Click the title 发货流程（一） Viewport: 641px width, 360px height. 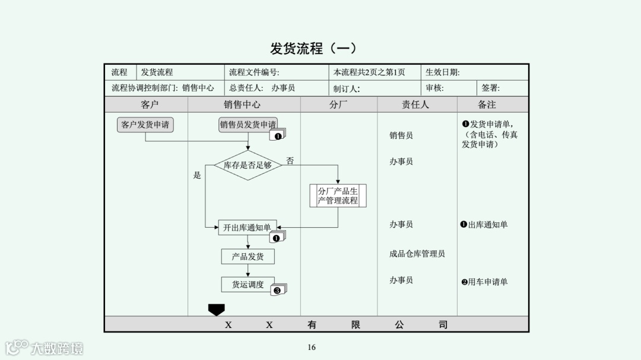click(313, 49)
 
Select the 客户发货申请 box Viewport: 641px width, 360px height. click(145, 125)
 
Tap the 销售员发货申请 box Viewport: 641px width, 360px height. click(248, 125)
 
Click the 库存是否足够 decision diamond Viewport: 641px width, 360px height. click(247, 165)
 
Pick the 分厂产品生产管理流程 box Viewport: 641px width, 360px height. click(338, 196)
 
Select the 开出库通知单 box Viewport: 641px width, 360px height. click(247, 227)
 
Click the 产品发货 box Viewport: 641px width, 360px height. click(248, 257)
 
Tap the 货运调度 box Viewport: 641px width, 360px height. click(248, 285)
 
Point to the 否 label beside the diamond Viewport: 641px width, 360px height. click(290, 161)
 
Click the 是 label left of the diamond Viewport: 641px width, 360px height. click(197, 176)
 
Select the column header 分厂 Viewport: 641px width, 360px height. click(338, 104)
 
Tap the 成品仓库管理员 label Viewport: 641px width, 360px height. click(417, 254)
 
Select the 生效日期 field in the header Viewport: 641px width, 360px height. click(443, 72)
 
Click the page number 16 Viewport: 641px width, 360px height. click(312, 348)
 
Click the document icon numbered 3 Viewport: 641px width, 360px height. click(278, 290)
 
